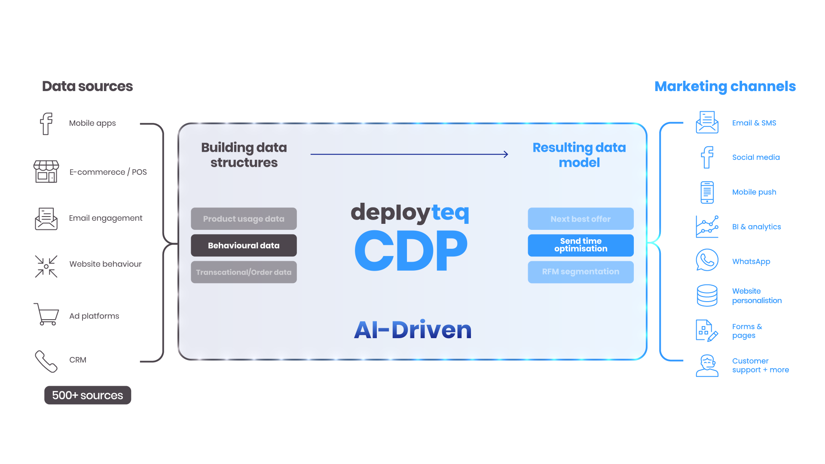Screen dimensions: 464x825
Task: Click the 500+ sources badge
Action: (x=88, y=395)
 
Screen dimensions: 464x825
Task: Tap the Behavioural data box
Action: (x=244, y=245)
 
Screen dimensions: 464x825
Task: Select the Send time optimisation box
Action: (x=581, y=245)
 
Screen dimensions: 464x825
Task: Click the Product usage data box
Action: (x=244, y=219)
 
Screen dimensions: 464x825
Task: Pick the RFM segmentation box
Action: (x=581, y=272)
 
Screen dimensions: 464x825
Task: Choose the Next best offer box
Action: (x=581, y=219)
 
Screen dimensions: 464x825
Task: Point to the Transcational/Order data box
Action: (x=244, y=272)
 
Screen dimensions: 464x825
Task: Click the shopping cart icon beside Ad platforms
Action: (x=46, y=314)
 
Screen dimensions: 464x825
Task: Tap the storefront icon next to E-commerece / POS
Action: (x=46, y=171)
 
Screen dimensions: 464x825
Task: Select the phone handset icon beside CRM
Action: (x=46, y=361)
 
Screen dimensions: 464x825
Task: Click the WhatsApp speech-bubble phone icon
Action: (x=707, y=260)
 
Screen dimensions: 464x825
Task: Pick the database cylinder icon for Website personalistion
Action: (x=707, y=296)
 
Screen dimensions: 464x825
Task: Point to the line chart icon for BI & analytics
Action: (x=707, y=226)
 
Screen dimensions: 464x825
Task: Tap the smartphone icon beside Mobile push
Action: (x=707, y=192)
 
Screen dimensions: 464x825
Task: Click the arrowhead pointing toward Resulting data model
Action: (x=506, y=154)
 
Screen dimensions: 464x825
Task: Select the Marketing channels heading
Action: (x=725, y=86)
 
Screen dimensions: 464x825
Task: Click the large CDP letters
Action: (x=411, y=250)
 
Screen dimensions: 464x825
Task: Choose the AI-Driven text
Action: (x=412, y=330)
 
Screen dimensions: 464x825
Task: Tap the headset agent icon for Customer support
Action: (x=707, y=366)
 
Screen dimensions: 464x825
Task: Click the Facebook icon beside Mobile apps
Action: (x=46, y=124)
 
